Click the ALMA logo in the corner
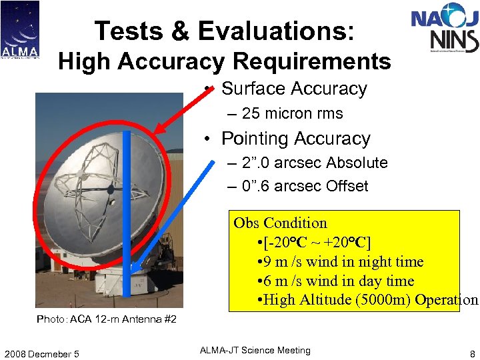(20, 29)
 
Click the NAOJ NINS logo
(445, 31)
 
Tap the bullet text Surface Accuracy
(294, 89)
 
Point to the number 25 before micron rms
(251, 114)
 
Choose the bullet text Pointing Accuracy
(295, 139)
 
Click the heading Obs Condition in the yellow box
(280, 223)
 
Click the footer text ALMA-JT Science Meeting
(256, 351)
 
